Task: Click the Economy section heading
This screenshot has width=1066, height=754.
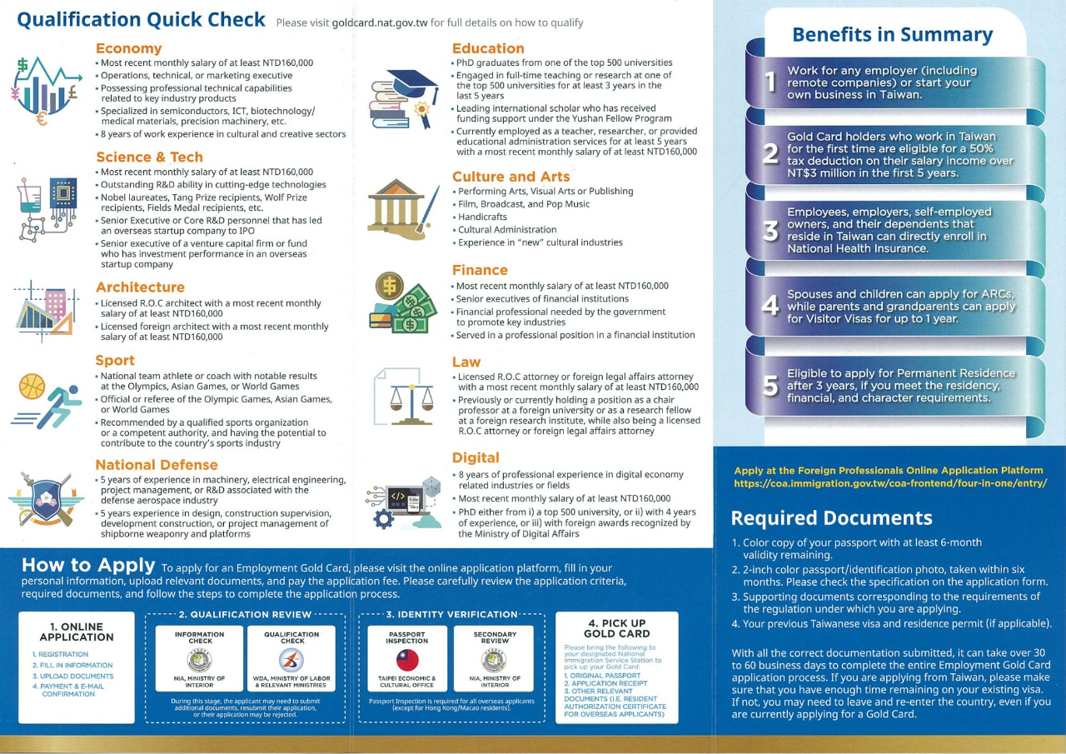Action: pos(128,48)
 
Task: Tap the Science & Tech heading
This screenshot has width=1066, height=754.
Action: pos(149,157)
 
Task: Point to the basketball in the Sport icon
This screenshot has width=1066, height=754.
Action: pos(32,387)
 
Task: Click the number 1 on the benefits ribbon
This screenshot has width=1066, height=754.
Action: pos(770,82)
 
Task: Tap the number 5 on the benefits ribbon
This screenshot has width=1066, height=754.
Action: pos(771,386)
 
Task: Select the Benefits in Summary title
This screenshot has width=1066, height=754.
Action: pos(892,34)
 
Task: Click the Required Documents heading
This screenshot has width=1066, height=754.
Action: pos(831,517)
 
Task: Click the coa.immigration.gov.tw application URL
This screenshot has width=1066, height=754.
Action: pos(889,483)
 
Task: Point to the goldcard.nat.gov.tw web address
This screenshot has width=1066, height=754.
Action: pos(379,22)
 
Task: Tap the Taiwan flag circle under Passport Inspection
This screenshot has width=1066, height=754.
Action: pos(406,661)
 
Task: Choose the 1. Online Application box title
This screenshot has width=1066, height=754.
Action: pos(76,632)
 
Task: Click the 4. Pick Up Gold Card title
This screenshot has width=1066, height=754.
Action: pos(616,628)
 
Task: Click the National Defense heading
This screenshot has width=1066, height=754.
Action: pos(156,464)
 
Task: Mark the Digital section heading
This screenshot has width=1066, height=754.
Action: pos(476,457)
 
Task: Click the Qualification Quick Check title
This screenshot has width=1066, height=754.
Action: pos(141,19)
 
